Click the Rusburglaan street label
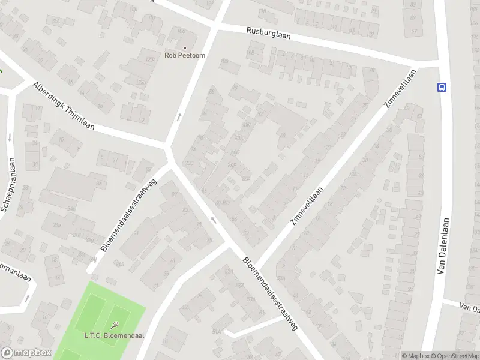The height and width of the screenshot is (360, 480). coord(268,33)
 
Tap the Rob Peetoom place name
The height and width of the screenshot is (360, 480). coord(184,56)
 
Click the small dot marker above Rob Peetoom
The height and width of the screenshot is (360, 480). coord(184,48)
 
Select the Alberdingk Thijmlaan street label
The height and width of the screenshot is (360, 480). coord(64,106)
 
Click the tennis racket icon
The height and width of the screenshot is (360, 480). coord(115,325)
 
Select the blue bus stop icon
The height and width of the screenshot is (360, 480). coord(442,86)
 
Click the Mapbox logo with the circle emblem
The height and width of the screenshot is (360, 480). coord(26,353)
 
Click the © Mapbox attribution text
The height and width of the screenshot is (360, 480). coord(416,356)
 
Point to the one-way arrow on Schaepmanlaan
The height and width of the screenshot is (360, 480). coord(10,137)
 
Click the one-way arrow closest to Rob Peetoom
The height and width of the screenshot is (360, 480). coord(179,116)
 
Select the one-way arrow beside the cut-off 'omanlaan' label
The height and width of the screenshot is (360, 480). coord(26,298)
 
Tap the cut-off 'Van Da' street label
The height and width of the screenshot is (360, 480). coord(469,308)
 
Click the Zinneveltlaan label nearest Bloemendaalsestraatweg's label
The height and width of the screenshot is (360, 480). coord(307,206)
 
